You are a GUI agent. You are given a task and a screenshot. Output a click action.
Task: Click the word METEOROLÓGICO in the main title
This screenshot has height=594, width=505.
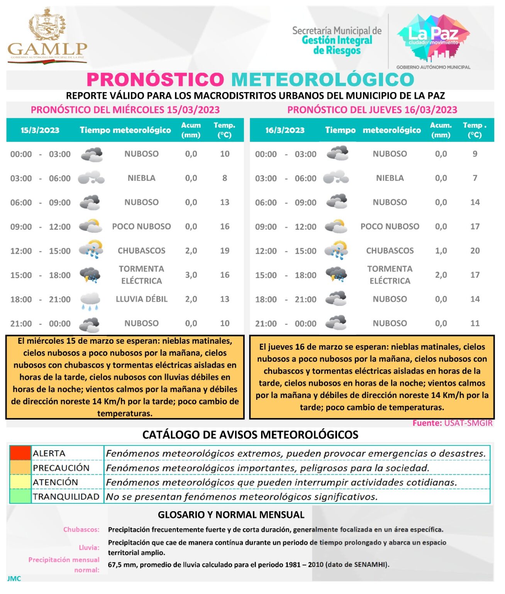323,80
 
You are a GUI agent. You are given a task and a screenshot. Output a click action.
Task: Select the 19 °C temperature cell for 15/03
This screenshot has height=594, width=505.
225,251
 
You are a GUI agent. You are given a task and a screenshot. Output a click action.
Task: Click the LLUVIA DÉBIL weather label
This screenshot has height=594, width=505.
142,299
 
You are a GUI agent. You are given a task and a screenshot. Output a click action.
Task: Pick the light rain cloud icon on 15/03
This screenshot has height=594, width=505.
90,300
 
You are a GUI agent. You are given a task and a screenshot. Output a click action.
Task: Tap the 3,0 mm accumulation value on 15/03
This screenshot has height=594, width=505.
191,275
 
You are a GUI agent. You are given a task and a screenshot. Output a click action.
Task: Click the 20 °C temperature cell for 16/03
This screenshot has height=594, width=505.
475,251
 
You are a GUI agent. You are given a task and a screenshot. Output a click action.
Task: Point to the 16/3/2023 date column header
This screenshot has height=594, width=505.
285,130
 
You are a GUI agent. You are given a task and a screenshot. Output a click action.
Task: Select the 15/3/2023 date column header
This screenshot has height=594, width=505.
40,130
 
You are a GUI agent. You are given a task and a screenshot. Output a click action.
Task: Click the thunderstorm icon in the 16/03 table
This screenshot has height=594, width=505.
336,275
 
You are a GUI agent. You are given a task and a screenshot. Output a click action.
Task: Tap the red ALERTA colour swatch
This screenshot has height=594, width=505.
20,453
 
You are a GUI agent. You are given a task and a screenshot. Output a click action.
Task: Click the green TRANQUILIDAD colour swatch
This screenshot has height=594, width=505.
20,497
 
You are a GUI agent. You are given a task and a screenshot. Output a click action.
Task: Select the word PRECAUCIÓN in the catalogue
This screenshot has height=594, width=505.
61,468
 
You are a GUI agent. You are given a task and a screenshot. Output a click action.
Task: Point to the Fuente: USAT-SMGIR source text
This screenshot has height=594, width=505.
452,423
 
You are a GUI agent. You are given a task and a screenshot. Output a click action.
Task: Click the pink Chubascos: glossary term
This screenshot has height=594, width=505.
81,529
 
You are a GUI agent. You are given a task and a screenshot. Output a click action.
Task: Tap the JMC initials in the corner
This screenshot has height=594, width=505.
14,579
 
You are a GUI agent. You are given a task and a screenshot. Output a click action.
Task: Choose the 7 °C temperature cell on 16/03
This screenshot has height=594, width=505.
475,178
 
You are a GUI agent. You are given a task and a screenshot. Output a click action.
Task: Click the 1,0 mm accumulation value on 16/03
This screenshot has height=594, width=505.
441,251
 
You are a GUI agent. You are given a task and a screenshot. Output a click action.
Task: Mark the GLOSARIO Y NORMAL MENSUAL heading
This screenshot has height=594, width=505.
231,515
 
